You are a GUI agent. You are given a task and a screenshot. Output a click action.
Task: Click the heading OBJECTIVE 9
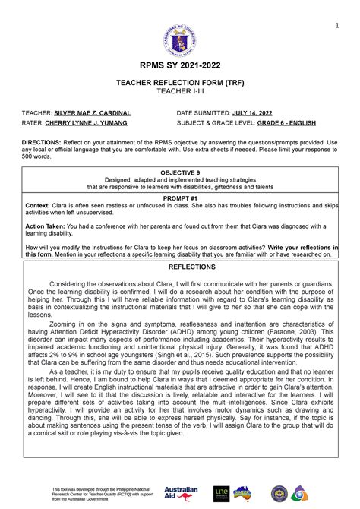180,173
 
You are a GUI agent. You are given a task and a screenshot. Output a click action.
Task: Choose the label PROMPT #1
180,195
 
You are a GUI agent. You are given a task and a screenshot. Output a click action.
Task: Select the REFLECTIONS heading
180,267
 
